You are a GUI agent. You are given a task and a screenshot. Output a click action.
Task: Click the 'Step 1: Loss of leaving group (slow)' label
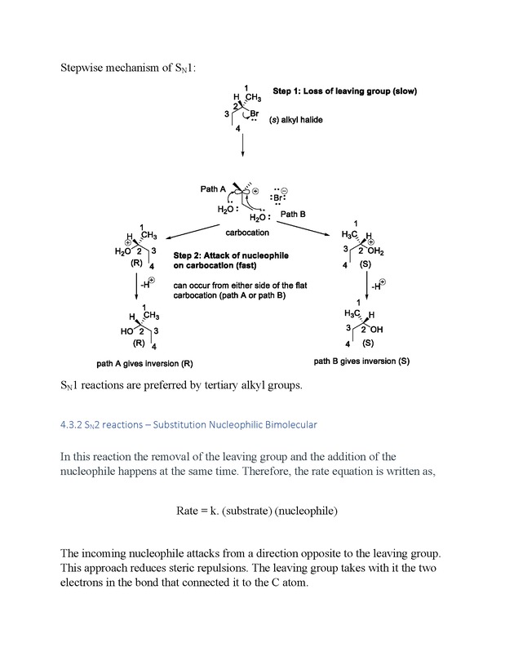[343, 91]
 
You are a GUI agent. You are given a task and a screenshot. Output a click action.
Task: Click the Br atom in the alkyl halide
[255, 113]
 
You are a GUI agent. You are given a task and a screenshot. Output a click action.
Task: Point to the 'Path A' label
[213, 189]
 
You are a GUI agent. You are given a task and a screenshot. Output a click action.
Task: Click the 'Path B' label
[295, 214]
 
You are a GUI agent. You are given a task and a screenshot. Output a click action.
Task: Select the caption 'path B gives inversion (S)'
[361, 361]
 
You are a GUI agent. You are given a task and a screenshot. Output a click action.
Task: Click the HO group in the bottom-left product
[126, 331]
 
